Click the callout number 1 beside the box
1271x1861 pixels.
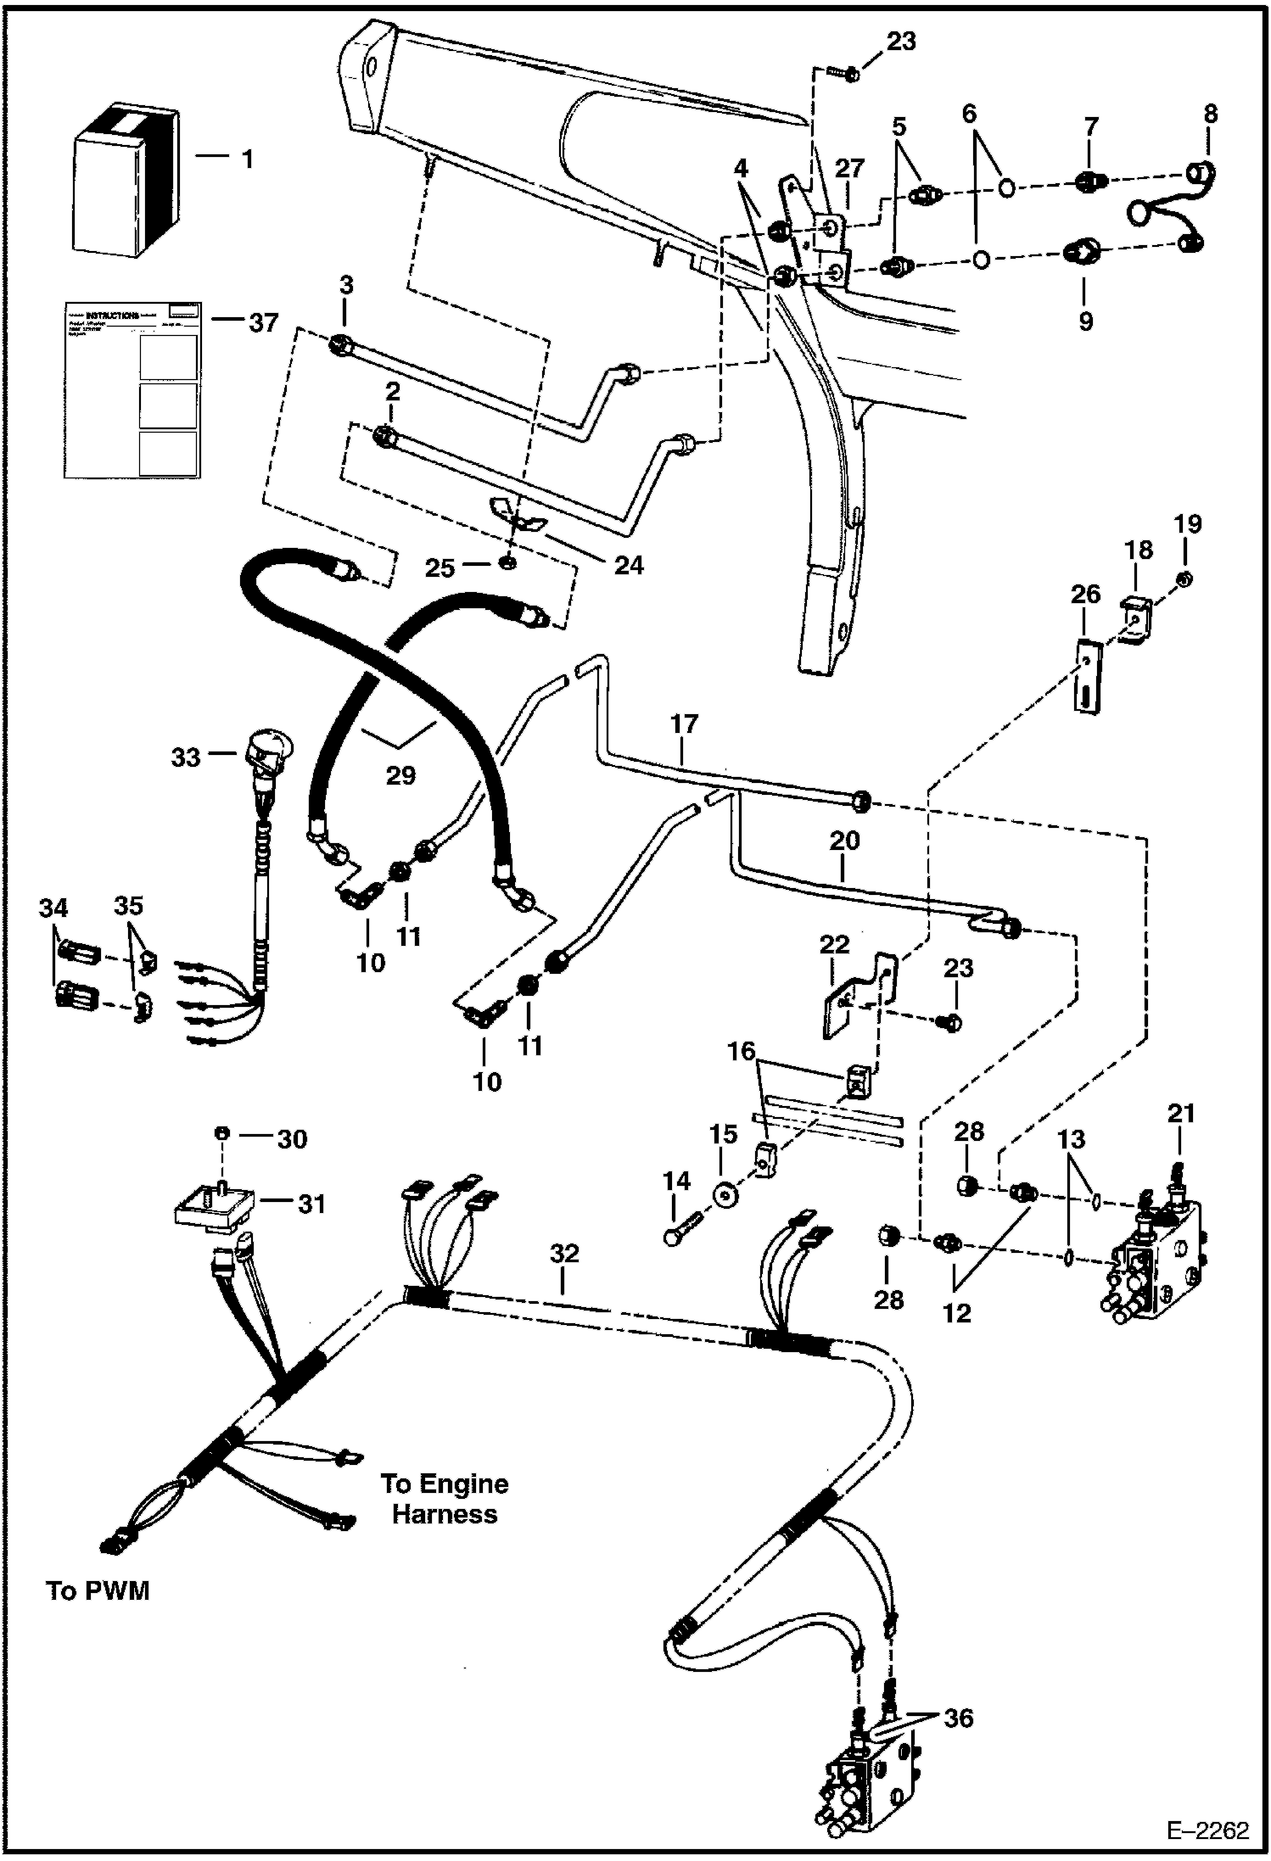pos(247,159)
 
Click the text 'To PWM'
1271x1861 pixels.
pos(98,1590)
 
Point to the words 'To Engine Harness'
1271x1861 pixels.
pos(444,1499)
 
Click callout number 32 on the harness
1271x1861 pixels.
pos(564,1254)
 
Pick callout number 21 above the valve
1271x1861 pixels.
pos(1181,1112)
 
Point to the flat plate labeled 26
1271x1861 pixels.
pos(1089,678)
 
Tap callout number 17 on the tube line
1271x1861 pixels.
pos(684,724)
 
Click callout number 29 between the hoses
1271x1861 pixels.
pos(400,774)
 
